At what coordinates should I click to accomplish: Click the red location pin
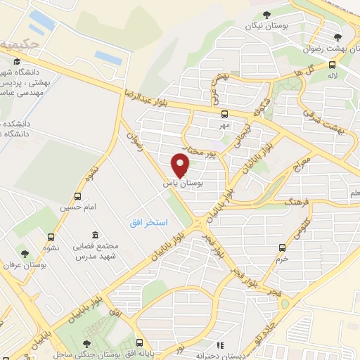coord(181,165)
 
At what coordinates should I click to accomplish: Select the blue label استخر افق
coord(148,222)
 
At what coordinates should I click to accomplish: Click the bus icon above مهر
coord(224,114)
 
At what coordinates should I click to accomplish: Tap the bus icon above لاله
coord(331,65)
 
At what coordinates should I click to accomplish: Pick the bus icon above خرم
coord(283,247)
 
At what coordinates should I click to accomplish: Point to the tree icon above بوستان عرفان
coord(25,253)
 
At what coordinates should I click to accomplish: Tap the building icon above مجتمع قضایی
coord(94,234)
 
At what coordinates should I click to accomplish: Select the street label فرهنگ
coord(276,203)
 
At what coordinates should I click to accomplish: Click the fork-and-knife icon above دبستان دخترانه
coord(220,345)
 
